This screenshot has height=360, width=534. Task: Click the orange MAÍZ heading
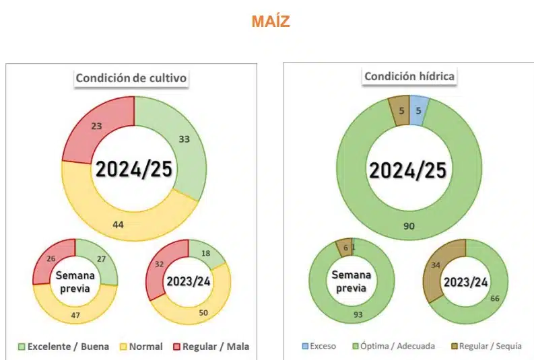(271, 22)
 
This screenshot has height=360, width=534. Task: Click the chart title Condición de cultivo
(131, 78)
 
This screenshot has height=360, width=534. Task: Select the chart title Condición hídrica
(409, 76)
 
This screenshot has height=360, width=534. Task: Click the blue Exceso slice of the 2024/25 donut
(418, 111)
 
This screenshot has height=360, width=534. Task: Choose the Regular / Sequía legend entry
(488, 347)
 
